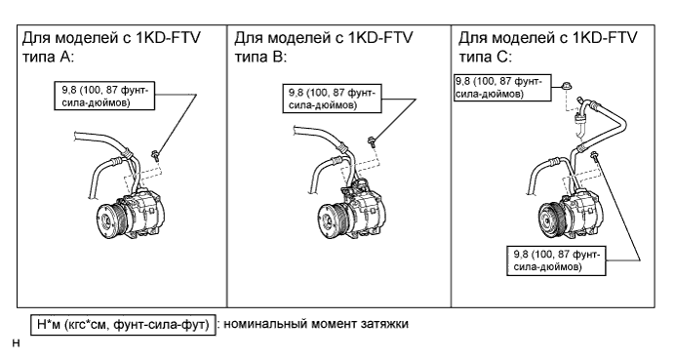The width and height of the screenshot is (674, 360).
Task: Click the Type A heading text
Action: point(111,47)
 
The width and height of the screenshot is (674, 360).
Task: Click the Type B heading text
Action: point(324,47)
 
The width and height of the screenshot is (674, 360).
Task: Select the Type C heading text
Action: point(547,47)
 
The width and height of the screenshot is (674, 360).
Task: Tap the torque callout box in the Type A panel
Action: point(104,96)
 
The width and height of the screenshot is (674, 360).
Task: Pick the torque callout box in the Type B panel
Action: point(332,99)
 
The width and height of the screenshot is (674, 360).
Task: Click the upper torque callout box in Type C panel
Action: point(503,87)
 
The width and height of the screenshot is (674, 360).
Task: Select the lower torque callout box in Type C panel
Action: point(556,260)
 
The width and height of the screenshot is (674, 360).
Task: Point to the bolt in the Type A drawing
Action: point(155,154)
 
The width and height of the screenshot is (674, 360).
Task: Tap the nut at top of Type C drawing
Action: point(566,86)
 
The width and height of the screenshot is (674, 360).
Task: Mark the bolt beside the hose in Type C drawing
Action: point(594,155)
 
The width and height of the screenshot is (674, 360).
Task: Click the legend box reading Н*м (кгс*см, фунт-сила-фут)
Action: point(123,325)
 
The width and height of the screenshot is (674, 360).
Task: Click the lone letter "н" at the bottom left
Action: point(17,343)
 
